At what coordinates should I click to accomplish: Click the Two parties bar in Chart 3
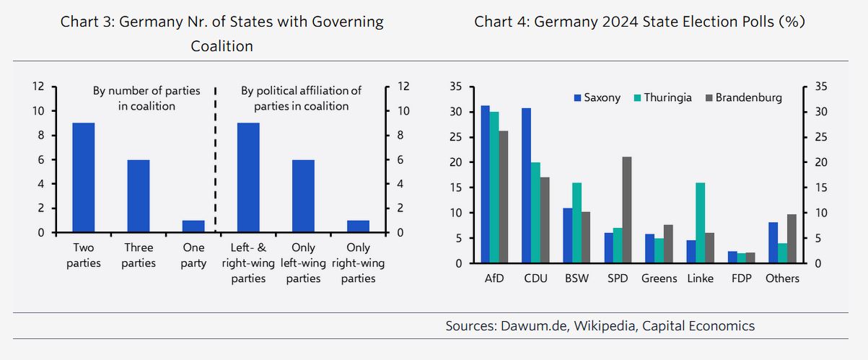pos(84,177)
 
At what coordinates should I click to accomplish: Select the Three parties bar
pos(139,196)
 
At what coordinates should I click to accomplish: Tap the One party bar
pos(193,227)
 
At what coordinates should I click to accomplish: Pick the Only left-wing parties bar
pos(303,196)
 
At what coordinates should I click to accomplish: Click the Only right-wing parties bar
pos(358,227)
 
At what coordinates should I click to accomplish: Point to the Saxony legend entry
pos(597,97)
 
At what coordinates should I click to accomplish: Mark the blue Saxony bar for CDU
pos(527,185)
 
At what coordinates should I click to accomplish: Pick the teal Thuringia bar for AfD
pos(494,188)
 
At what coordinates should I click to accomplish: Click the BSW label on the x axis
pos(577,278)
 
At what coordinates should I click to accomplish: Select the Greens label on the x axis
pos(659,278)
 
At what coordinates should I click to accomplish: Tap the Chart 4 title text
pos(639,22)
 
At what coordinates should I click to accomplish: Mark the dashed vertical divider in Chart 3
pos(215,159)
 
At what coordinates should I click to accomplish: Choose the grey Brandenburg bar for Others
pos(792,239)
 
